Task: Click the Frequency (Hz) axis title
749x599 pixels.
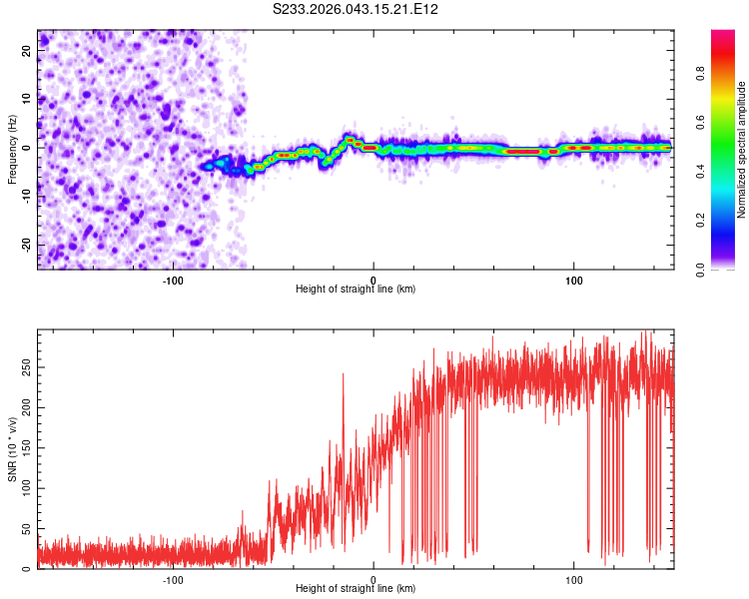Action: point(12,150)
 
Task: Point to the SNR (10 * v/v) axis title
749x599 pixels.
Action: point(12,449)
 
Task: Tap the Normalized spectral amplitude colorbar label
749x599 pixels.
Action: point(741,150)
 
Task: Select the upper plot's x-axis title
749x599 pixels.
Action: point(356,289)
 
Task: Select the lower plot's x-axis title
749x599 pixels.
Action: point(356,588)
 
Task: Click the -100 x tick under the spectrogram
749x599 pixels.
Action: point(172,279)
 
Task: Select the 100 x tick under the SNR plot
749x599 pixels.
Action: point(574,578)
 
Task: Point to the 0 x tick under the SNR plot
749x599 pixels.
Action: point(374,578)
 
